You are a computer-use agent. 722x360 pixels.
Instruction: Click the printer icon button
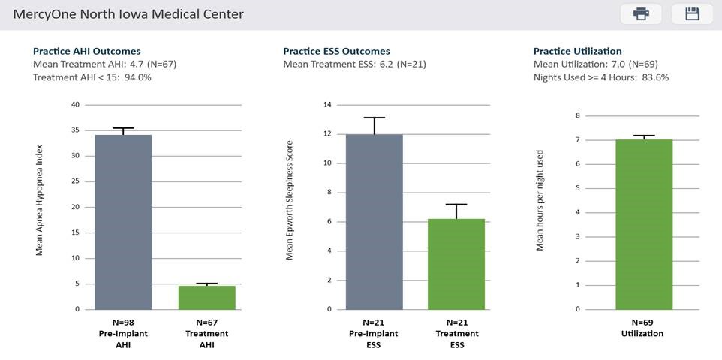[641, 14]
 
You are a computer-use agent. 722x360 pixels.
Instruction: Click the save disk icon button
[692, 14]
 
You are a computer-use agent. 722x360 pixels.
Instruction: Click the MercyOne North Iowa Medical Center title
[128, 14]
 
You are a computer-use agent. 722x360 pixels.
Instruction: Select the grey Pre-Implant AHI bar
[123, 221]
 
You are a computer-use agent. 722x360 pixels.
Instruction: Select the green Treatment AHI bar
[206, 297]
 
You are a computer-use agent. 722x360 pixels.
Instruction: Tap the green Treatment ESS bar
[456, 263]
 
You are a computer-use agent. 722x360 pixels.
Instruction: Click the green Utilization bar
[644, 223]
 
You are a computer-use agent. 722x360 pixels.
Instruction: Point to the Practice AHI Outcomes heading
[86, 51]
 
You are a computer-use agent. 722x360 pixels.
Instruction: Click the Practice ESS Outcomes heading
[336, 51]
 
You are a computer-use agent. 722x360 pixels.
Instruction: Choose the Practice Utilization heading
[577, 51]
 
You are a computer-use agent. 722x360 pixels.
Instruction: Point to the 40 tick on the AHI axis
[75, 105]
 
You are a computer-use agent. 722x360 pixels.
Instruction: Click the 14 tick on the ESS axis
[325, 105]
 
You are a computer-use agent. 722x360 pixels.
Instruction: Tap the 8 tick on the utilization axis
[577, 115]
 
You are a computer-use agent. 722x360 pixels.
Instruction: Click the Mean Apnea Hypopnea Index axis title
[40, 199]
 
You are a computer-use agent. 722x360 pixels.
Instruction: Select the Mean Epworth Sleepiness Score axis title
[290, 199]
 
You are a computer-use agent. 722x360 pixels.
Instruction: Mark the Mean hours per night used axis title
[540, 201]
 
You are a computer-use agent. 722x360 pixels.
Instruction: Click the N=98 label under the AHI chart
[123, 322]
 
